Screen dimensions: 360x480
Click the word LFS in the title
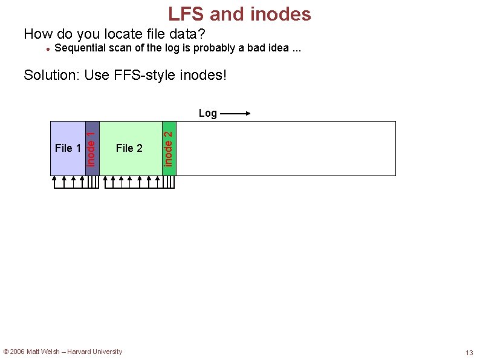pos(186,13)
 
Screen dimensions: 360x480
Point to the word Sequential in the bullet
pos(79,48)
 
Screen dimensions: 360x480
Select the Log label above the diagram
pos(207,113)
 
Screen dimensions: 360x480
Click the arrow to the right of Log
pos(235,113)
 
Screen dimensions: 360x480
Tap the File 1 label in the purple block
pos(68,148)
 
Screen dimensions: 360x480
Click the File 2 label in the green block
pos(129,148)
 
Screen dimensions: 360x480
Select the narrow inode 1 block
pos(92,148)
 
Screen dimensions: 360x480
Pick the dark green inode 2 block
pos(169,148)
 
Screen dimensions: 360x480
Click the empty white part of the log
pos(284,148)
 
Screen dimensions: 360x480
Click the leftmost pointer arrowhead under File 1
pos(54,178)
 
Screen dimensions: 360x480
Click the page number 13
pos(469,353)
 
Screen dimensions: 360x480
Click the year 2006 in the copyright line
pos(18,352)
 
